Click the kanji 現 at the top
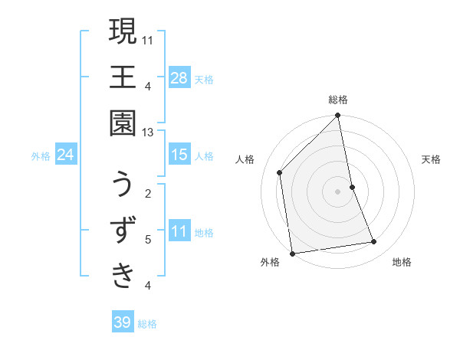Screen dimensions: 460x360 [x=122, y=34]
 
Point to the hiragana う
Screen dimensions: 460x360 [x=122, y=186]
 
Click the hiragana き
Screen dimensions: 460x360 [x=122, y=274]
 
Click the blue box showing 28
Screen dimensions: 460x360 [x=179, y=77]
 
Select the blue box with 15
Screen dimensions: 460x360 [x=179, y=155]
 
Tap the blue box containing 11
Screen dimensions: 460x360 [x=179, y=231]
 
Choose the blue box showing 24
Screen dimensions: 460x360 [x=66, y=155]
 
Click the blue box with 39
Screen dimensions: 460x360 [x=123, y=322]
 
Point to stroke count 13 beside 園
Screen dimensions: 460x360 [x=148, y=133]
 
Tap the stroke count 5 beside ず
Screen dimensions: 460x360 [x=148, y=239]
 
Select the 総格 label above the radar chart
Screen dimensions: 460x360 [x=338, y=100]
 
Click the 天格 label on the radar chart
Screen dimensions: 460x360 [x=431, y=159]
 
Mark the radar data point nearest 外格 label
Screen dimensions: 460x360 [x=292, y=254]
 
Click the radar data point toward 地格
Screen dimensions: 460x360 [x=374, y=242]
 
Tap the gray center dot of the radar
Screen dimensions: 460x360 [x=338, y=191]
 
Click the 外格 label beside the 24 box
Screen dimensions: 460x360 [x=41, y=156]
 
